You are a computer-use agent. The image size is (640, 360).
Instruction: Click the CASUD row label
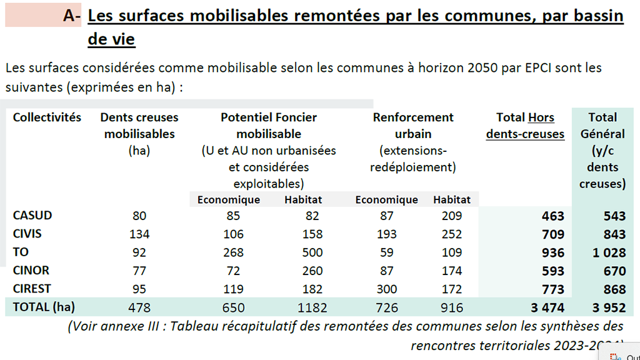click(32, 215)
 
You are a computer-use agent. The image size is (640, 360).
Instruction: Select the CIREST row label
click(32, 289)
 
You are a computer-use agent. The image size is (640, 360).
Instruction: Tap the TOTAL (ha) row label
click(44, 307)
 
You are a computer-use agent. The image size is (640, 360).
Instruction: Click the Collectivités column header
click(47, 117)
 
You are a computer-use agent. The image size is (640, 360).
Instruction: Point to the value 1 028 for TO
click(609, 252)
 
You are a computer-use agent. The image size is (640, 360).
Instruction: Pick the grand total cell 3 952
click(609, 307)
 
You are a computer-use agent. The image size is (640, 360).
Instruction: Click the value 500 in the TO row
click(312, 252)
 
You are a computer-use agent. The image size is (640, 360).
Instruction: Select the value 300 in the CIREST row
click(386, 289)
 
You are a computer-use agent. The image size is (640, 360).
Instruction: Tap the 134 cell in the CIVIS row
click(139, 234)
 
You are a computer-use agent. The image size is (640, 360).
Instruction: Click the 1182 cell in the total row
click(312, 307)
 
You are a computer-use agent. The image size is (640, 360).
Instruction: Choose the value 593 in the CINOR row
click(553, 271)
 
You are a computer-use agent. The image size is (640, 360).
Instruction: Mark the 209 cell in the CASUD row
click(452, 216)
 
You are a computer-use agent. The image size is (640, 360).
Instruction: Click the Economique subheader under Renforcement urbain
click(386, 199)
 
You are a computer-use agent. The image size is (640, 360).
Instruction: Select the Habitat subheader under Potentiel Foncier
click(303, 199)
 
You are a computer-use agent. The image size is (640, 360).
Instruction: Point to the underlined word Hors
click(541, 117)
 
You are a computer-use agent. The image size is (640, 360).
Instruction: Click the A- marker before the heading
click(72, 16)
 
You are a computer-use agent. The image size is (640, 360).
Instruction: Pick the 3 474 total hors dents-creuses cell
click(547, 307)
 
